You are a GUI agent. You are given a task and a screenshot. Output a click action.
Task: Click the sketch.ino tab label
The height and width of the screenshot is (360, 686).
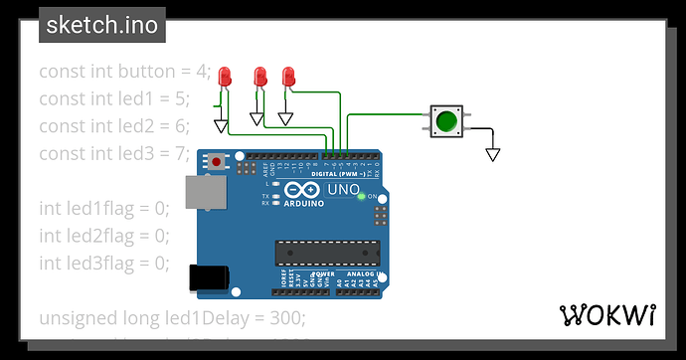pos(102,25)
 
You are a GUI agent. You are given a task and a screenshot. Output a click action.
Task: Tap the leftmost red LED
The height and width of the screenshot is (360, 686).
pos(226,77)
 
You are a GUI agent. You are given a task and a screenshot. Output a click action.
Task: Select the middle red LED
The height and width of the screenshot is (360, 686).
pos(259,77)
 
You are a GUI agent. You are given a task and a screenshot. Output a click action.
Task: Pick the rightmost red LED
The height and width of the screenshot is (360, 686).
pos(289,77)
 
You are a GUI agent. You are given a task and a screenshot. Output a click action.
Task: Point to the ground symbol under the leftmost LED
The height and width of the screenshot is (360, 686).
pos(221,125)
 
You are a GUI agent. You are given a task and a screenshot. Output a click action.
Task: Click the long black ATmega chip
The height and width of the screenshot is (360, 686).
pos(327,253)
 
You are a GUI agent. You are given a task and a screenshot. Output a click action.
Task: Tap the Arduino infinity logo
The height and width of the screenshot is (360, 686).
pos(299,190)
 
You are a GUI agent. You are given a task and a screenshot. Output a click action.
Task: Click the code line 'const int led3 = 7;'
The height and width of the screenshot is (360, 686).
pos(113,153)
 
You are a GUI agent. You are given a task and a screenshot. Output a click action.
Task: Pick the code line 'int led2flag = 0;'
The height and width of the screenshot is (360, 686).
pos(104,236)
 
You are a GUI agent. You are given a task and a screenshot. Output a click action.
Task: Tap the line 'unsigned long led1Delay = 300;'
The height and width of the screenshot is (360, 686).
pos(172,318)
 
